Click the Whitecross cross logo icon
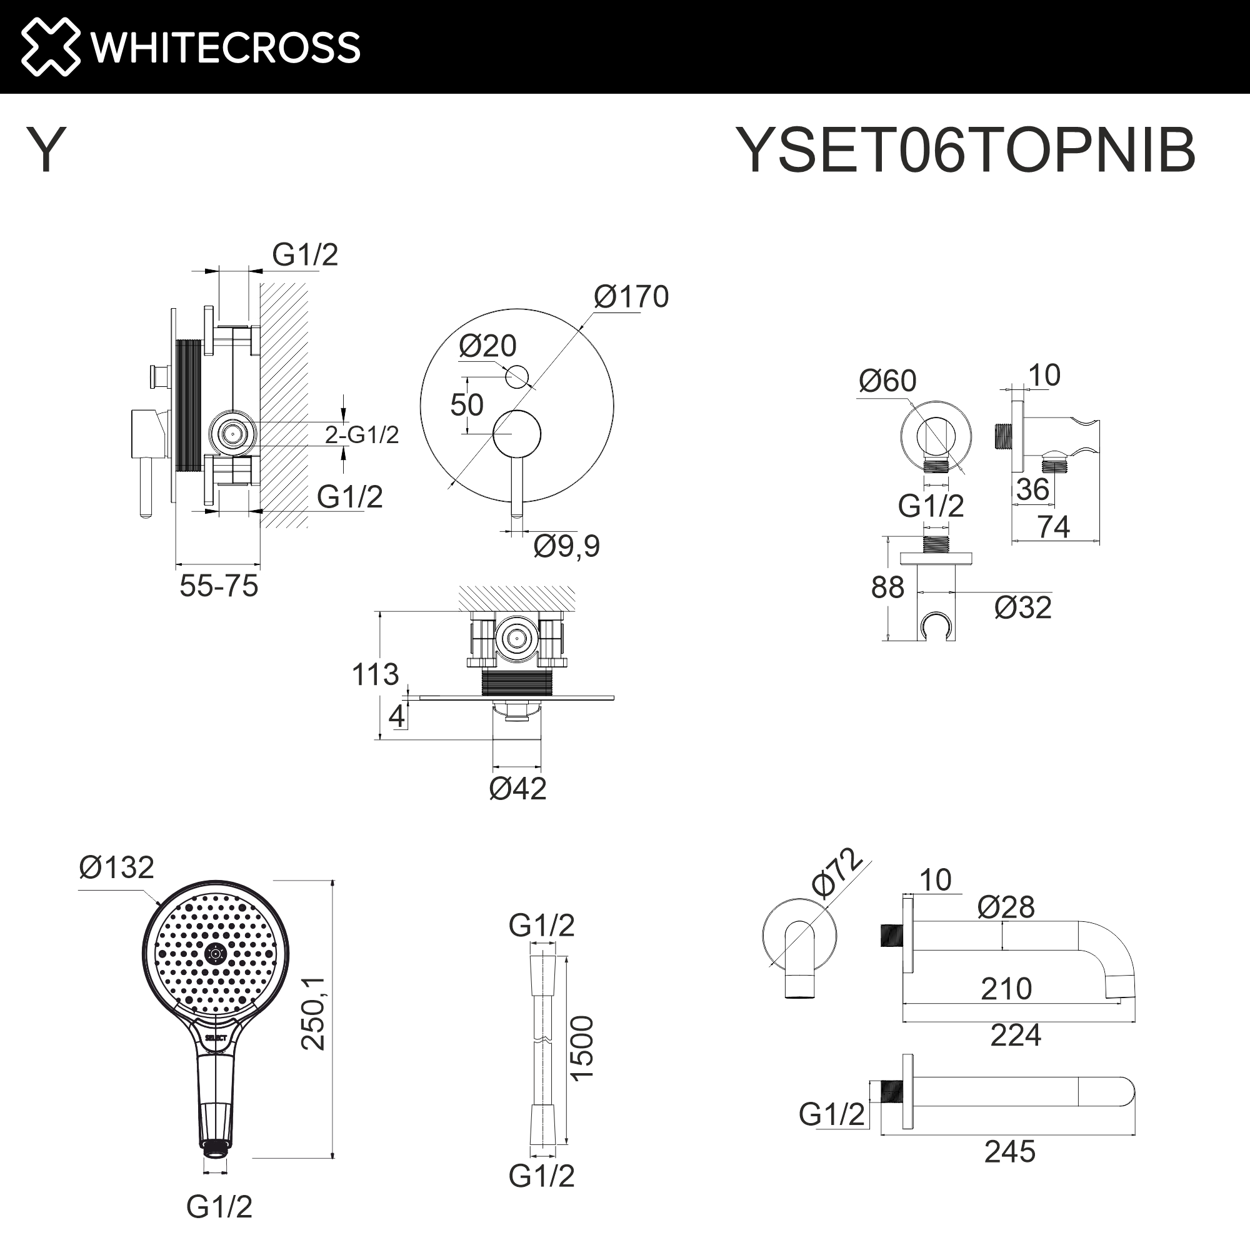pos(51,47)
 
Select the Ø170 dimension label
pos(631,297)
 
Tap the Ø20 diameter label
pos(487,346)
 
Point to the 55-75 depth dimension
pos(219,586)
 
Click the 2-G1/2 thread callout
pos(362,435)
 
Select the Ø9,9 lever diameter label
pos(566,546)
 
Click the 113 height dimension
pos(374,675)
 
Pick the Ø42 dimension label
pos(517,789)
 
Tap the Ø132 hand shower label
pos(116,867)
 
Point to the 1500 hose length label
pos(582,1048)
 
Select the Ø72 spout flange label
pos(838,874)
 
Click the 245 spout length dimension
pos(1009,1152)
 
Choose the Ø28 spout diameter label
pos(1006,907)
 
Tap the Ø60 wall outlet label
pos(887,381)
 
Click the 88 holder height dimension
pos(887,588)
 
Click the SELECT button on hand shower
pos(216,1037)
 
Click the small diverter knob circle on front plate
pos(516,376)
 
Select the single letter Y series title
pos(46,150)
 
